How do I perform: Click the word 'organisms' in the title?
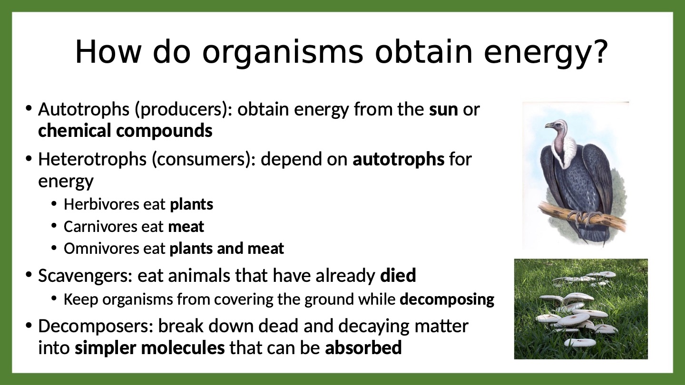[283, 53]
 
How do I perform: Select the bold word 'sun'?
[443, 109]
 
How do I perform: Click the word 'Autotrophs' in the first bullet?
[84, 109]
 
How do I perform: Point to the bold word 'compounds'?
[164, 131]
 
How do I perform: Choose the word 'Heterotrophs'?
[92, 159]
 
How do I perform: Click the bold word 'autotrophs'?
[399, 159]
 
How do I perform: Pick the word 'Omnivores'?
[101, 249]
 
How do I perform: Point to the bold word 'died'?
[398, 275]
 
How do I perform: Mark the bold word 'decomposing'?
[447, 300]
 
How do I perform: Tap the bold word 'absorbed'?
[363, 348]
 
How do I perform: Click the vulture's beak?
[549, 125]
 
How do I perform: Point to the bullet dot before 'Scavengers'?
[29, 274]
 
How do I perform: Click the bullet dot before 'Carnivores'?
[54, 226]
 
